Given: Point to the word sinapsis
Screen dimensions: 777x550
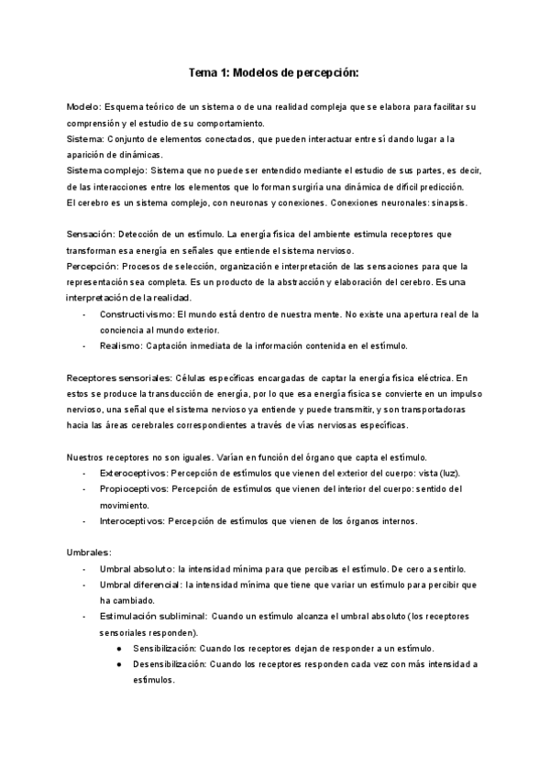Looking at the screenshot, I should click(x=445, y=202).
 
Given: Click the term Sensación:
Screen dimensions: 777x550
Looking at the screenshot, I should click(x=93, y=235).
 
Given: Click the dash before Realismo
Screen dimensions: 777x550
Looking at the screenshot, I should click(x=84, y=345).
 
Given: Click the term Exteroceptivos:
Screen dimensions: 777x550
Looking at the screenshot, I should click(x=134, y=473).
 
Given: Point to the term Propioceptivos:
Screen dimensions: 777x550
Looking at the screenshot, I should click(x=135, y=488).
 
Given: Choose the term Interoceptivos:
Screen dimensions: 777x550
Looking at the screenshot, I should click(x=133, y=520).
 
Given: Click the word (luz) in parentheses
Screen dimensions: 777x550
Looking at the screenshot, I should click(x=445, y=473).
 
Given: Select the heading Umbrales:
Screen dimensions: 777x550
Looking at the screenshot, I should click(x=90, y=553).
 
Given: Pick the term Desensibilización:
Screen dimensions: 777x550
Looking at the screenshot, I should click(x=169, y=663).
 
